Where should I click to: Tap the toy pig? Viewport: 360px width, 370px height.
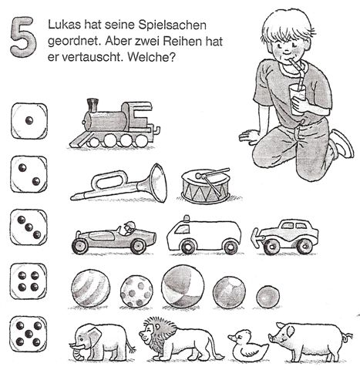pos(307,338)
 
